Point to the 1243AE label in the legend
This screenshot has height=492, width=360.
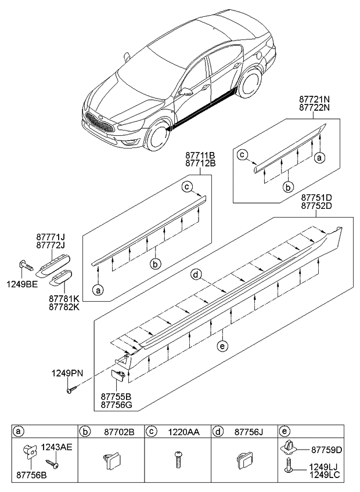click(x=57, y=447)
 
